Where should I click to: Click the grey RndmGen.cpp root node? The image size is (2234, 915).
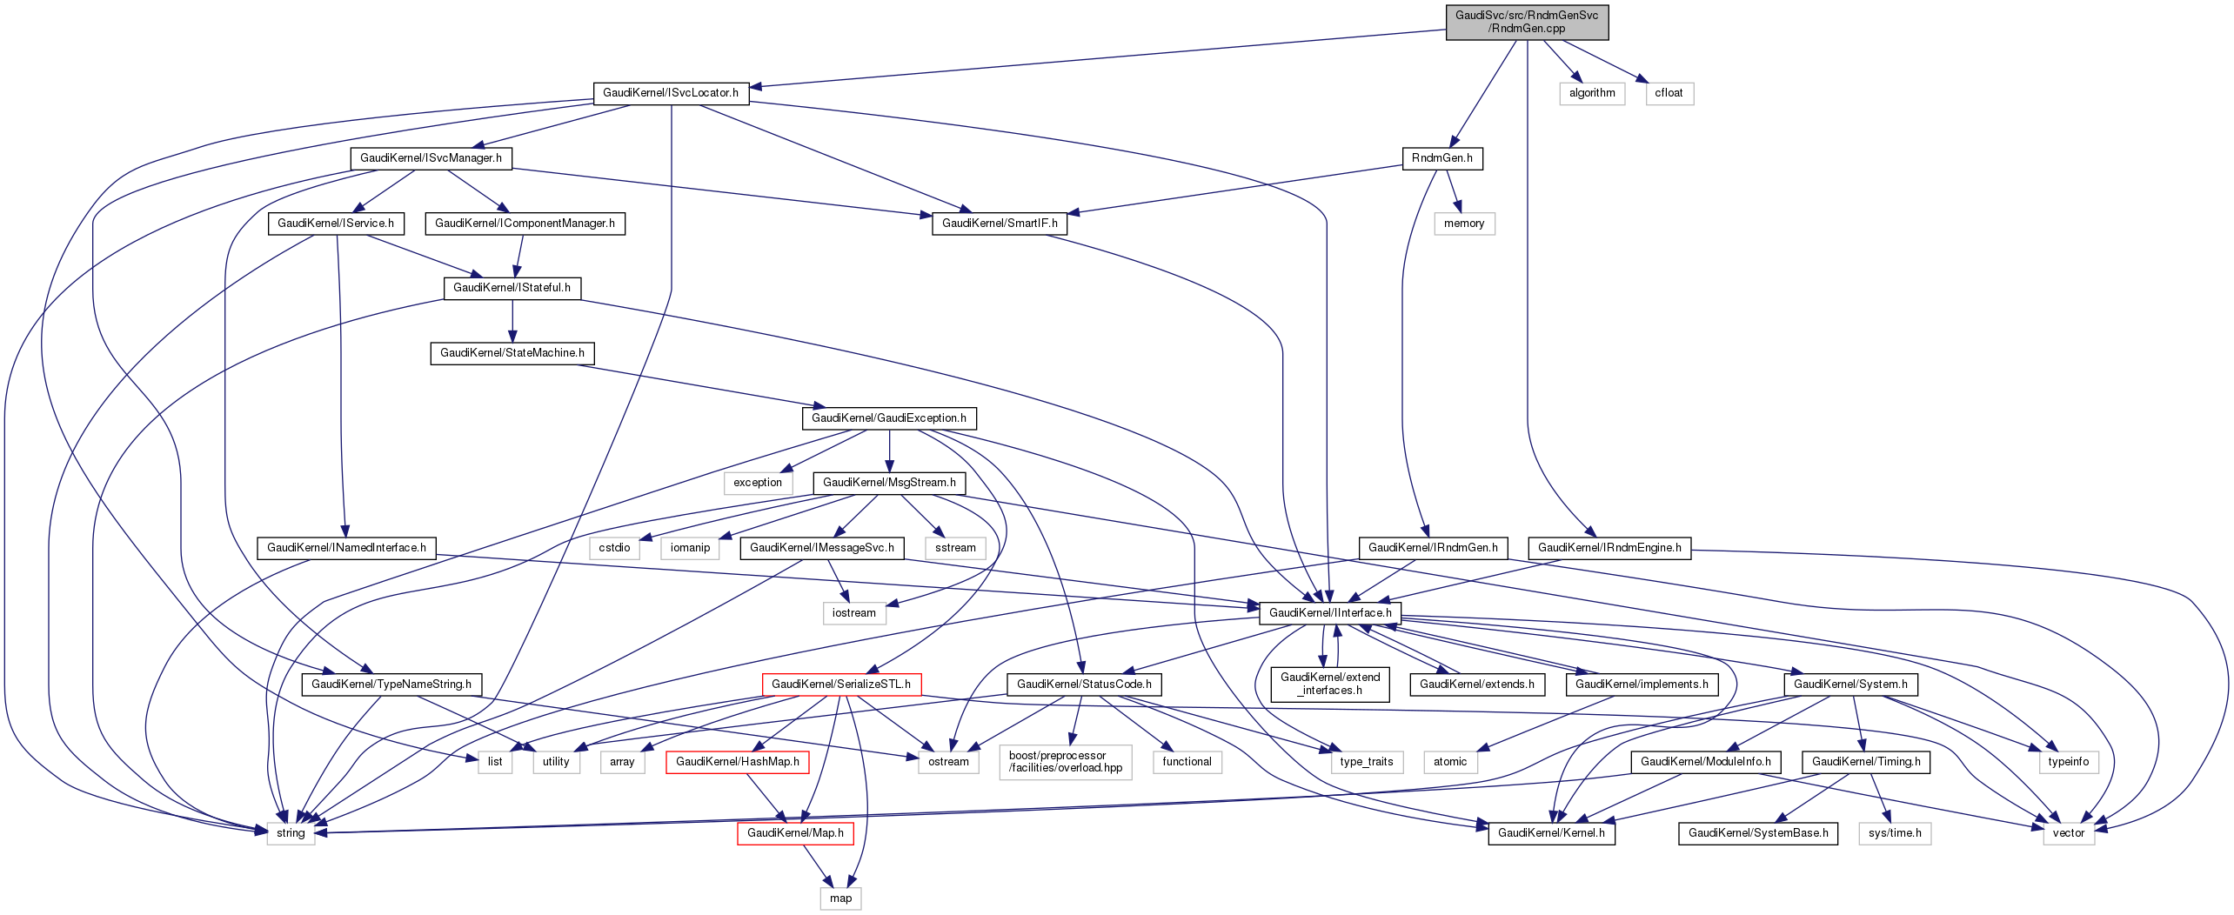point(1527,22)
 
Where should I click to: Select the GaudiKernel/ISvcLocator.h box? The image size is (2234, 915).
point(671,93)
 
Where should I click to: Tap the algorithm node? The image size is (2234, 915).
point(1592,93)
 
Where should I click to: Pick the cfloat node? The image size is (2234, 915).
point(1669,93)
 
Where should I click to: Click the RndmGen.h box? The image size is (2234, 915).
point(1441,158)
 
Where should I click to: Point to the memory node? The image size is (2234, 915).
point(1464,224)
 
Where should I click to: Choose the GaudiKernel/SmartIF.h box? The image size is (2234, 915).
point(1000,224)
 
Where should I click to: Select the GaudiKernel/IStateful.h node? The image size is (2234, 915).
point(512,288)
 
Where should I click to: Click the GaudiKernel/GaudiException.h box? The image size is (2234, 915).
point(888,418)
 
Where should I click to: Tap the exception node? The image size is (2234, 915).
point(758,483)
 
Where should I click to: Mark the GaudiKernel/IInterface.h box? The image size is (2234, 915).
point(1330,613)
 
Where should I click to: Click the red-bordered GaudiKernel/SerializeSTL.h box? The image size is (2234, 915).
point(841,685)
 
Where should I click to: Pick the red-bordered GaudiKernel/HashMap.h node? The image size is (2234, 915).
point(737,762)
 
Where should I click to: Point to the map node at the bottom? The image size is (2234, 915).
point(840,898)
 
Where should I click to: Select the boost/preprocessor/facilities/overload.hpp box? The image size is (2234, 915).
point(1066,762)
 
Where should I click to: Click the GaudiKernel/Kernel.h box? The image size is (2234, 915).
point(1551,833)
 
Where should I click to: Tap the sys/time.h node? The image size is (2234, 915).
point(1895,833)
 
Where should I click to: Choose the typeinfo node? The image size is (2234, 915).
point(2068,762)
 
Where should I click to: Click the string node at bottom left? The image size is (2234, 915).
point(291,833)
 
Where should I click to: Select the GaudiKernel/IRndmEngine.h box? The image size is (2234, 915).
point(1609,548)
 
